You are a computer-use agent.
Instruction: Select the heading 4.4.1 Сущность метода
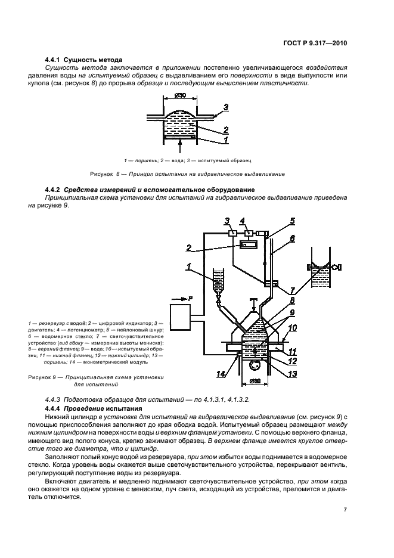[84, 60]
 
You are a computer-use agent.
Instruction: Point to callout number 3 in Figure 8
[227, 107]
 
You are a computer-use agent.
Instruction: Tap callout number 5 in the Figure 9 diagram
[293, 221]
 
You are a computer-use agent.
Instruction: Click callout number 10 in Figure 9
[293, 328]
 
